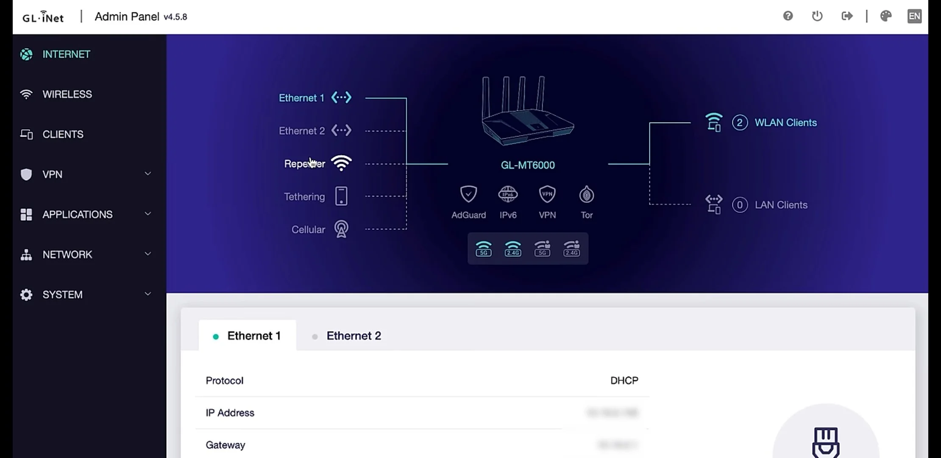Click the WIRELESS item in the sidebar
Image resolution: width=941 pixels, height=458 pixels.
67,94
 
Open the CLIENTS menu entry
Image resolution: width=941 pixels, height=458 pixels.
63,134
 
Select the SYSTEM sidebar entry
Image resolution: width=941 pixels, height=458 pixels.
62,295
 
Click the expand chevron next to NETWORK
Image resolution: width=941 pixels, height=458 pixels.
148,254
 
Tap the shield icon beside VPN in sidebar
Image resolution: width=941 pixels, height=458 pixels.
26,174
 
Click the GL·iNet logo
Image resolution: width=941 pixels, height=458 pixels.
43,17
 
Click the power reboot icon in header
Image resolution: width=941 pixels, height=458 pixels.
817,16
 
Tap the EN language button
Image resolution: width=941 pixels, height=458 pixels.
914,16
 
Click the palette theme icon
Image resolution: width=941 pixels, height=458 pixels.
886,16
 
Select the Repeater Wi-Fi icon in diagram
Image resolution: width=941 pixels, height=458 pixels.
341,163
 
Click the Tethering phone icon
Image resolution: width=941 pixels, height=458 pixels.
341,196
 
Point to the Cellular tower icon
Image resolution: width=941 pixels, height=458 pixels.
341,229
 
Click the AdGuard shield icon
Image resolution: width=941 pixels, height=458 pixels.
468,195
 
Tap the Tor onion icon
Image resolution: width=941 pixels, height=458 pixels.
587,195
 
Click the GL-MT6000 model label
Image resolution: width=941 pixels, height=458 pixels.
528,165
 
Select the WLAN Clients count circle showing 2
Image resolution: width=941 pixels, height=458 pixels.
740,123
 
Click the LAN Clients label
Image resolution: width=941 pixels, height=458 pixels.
781,205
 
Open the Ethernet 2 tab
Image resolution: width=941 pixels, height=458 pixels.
354,336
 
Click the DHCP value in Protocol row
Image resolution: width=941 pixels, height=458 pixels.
624,380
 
